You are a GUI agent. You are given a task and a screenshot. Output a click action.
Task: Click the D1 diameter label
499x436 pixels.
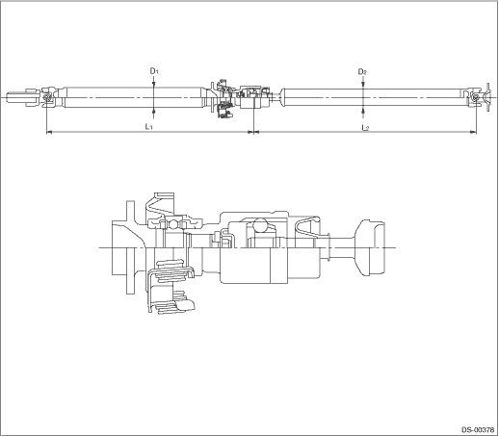click(154, 70)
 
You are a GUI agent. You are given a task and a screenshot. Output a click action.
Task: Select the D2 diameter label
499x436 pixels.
click(362, 72)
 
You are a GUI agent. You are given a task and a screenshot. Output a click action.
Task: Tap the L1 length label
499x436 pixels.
click(148, 126)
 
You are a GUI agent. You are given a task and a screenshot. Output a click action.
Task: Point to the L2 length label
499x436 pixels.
click(365, 128)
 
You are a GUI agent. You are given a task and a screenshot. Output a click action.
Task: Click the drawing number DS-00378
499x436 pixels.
click(478, 429)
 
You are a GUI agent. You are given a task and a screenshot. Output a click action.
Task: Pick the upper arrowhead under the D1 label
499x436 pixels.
click(154, 84)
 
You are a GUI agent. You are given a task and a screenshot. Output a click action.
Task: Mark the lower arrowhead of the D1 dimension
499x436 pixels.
click(154, 111)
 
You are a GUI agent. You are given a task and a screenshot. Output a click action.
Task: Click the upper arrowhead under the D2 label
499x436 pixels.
click(363, 85)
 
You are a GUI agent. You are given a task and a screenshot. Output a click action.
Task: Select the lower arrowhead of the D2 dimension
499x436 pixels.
click(363, 110)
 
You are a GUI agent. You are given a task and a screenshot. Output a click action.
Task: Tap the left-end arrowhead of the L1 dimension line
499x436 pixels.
click(49, 132)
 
